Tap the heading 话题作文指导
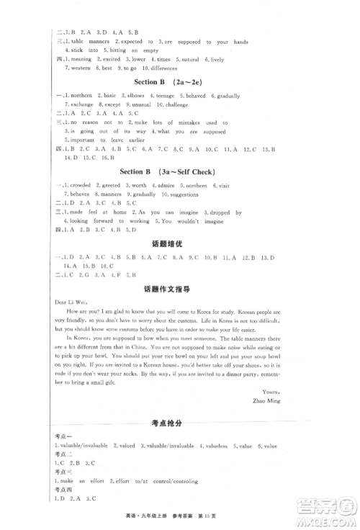[179, 289]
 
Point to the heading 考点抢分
[180, 423]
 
